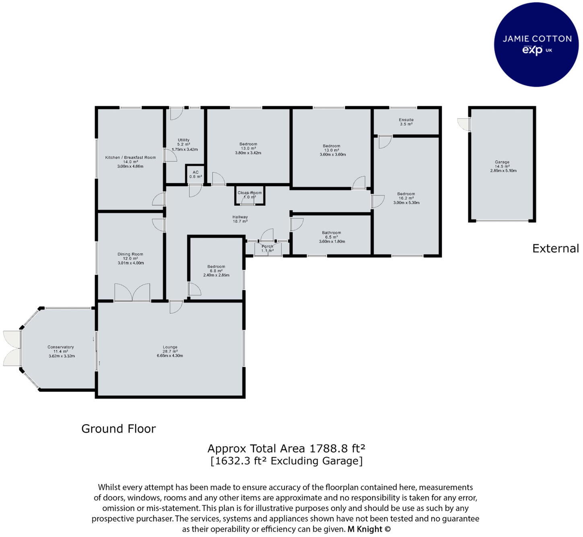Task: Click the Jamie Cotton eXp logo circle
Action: (536, 44)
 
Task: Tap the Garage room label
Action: (502, 162)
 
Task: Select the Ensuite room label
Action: (406, 120)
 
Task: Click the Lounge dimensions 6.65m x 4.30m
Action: (170, 356)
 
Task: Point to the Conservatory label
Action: (61, 347)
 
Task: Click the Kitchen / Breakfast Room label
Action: (130, 158)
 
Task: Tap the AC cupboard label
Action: (196, 172)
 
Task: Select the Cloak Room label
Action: (249, 193)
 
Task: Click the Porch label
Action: (267, 246)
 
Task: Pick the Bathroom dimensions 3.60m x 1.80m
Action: (332, 242)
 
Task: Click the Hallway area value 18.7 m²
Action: (240, 221)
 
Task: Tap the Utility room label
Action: (183, 140)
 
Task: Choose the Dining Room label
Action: (130, 254)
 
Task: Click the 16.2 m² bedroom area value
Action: (406, 198)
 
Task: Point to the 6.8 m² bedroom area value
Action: (216, 271)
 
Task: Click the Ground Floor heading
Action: (118, 429)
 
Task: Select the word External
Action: (555, 248)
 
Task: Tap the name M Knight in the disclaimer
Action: (365, 529)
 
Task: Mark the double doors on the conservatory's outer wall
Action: (12, 348)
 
